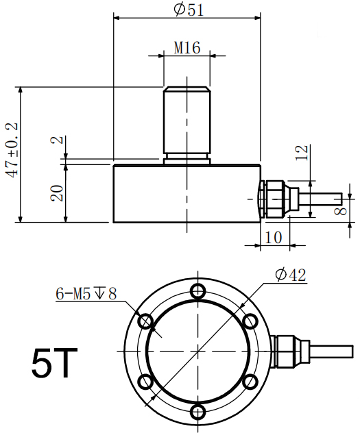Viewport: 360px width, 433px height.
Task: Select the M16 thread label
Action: (187, 48)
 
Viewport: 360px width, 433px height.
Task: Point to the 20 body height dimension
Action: (58, 193)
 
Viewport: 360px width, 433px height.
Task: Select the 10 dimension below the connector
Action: (273, 237)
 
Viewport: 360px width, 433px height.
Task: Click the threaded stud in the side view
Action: (187, 123)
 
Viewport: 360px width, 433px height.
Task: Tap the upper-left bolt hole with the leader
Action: (145, 320)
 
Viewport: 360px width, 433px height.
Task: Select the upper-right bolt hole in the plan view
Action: (250, 320)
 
